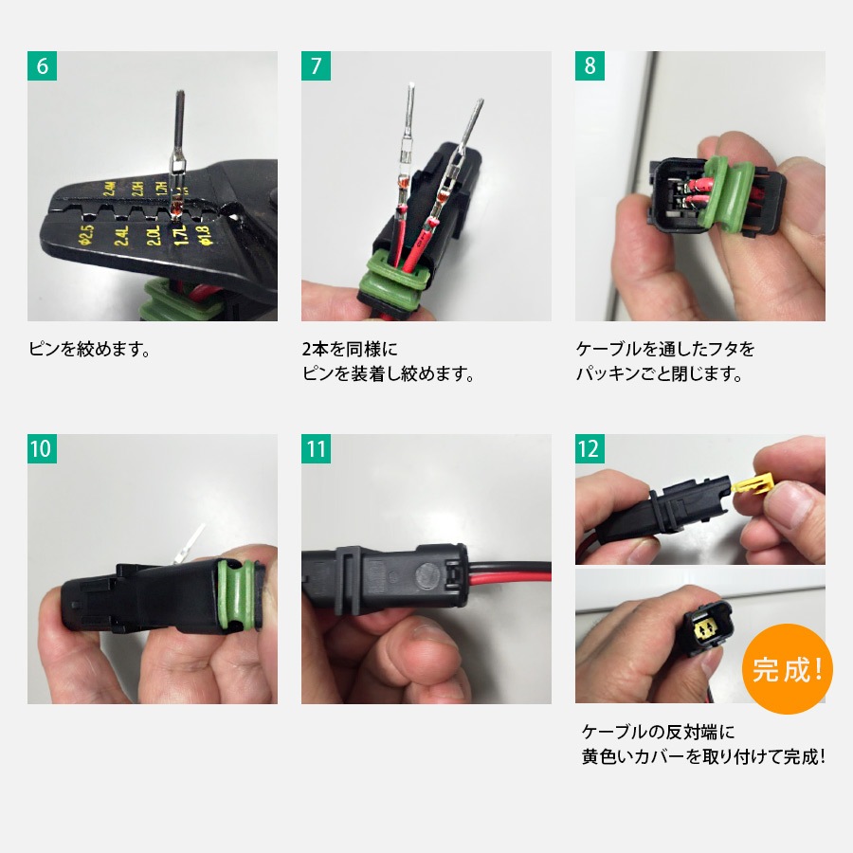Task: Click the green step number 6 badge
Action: click(x=43, y=66)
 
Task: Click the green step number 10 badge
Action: click(x=43, y=449)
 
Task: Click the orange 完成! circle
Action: click(x=786, y=669)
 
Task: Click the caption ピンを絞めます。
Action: click(x=90, y=349)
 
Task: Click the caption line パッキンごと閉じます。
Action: click(x=659, y=373)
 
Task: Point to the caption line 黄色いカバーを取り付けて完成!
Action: click(x=702, y=756)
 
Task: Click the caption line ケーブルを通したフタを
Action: click(x=665, y=349)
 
